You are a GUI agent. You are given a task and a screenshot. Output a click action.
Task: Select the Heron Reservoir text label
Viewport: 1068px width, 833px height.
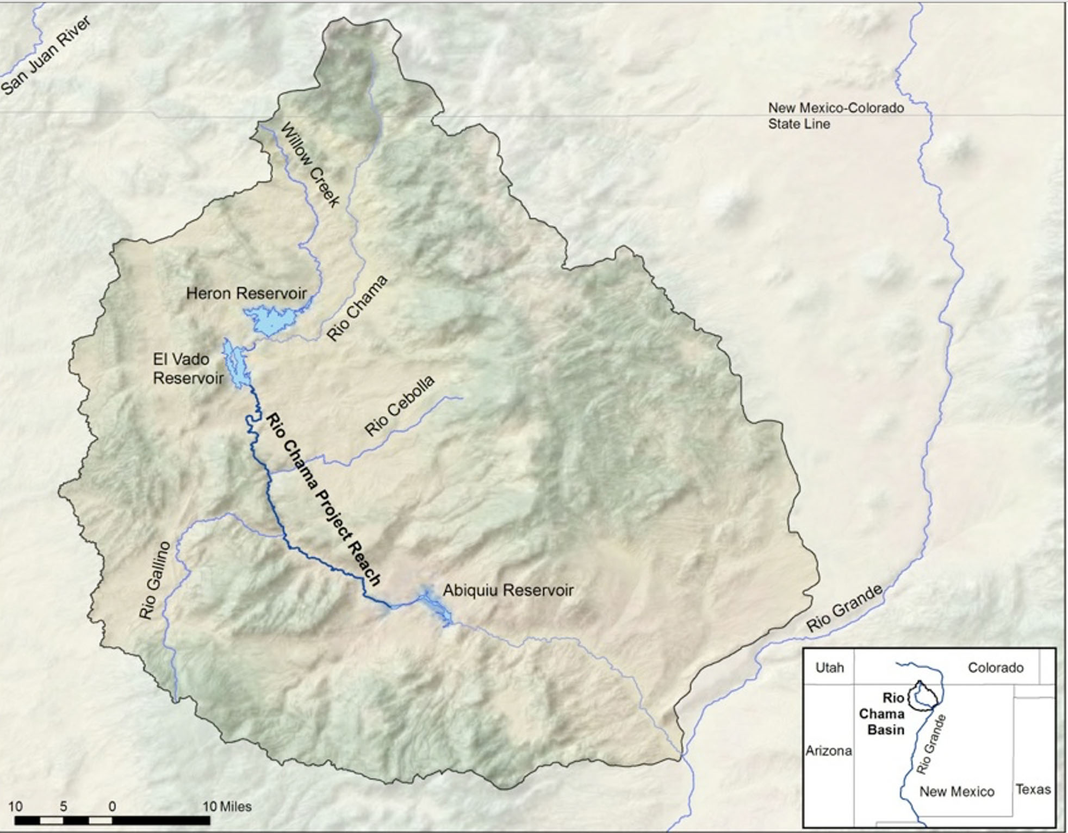point(246,294)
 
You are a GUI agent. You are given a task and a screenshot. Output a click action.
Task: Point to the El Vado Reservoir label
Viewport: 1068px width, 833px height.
point(188,369)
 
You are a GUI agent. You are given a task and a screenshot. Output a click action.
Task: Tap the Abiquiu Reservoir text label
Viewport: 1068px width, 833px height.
point(508,590)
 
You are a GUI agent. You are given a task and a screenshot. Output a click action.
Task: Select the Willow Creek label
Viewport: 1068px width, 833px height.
point(310,165)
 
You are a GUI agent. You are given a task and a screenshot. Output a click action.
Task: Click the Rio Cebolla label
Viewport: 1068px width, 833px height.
point(400,406)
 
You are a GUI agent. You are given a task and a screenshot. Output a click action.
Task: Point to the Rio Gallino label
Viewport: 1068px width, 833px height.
point(154,581)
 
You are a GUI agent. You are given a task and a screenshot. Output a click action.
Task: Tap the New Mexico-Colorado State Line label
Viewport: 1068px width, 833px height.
point(836,116)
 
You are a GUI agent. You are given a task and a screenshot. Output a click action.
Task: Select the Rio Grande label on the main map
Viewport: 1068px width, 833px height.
point(843,608)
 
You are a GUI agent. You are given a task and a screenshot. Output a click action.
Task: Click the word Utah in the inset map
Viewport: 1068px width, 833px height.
point(829,667)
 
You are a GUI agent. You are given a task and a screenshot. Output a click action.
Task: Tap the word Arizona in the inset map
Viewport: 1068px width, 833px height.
point(828,751)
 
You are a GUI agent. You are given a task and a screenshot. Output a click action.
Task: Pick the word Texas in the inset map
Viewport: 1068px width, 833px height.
point(1033,789)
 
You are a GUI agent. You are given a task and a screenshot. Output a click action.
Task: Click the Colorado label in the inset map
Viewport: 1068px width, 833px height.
point(995,667)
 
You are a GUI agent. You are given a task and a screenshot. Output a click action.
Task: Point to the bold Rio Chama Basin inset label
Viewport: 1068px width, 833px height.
point(885,713)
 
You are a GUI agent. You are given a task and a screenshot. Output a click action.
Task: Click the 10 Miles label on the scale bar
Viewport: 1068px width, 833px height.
point(227,806)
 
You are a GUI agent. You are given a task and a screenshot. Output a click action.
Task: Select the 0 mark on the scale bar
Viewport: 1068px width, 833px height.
point(112,806)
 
